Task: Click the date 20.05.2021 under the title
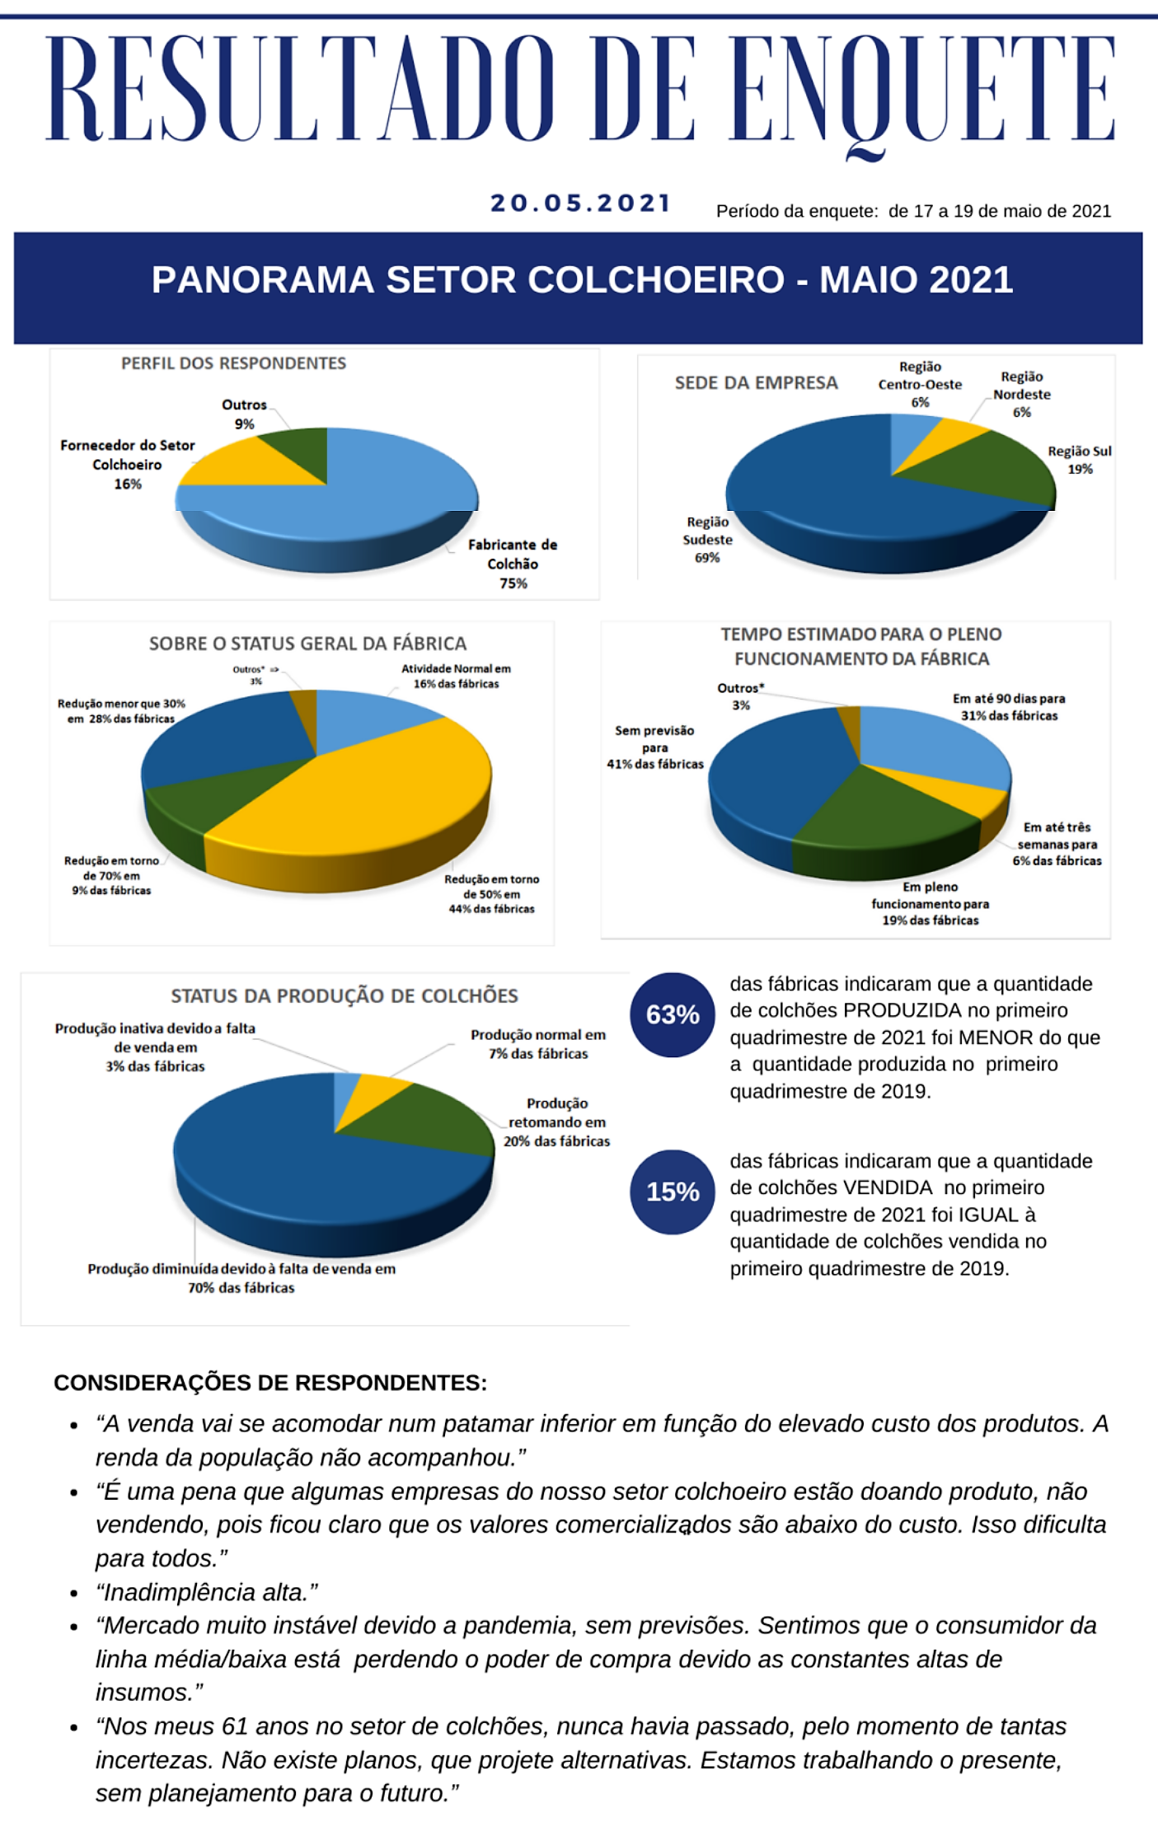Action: coord(581,204)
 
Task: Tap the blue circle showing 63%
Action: coord(673,1014)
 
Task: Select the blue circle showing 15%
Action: coord(673,1192)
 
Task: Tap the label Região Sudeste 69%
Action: coord(707,540)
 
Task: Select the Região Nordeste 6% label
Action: coord(1021,394)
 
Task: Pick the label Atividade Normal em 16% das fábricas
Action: coord(456,676)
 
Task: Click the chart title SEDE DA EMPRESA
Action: coord(756,383)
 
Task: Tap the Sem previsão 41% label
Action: coord(655,747)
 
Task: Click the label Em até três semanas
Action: coord(1057,844)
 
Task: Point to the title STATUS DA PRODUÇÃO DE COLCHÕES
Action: coord(345,995)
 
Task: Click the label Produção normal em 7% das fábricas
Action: coord(538,1044)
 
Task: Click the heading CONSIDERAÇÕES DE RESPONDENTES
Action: coord(270,1383)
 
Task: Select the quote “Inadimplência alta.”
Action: coord(207,1592)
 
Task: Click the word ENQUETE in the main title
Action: coord(923,91)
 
